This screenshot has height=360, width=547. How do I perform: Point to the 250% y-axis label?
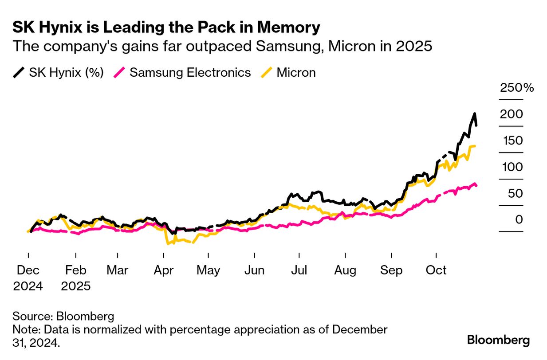pyautogui.click(x=517, y=87)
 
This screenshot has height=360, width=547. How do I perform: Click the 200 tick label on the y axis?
pyautogui.click(x=512, y=114)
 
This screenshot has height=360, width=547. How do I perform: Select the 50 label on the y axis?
pyautogui.click(x=513, y=193)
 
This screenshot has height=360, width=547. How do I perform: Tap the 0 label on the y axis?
pyautogui.click(x=519, y=219)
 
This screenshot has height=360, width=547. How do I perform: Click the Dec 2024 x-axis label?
pyautogui.click(x=28, y=278)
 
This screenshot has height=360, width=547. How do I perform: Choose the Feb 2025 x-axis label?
pyautogui.click(x=76, y=278)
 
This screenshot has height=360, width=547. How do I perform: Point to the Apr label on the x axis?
pyautogui.click(x=163, y=270)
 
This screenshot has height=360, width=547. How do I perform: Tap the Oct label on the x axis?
pyautogui.click(x=436, y=270)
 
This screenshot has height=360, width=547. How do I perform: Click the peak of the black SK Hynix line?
pyautogui.click(x=475, y=113)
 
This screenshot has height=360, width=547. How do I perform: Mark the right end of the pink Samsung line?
pyautogui.click(x=477, y=186)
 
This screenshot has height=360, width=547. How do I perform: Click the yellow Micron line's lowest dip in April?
pyautogui.click(x=168, y=243)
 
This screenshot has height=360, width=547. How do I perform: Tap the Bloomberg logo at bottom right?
pyautogui.click(x=498, y=340)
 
